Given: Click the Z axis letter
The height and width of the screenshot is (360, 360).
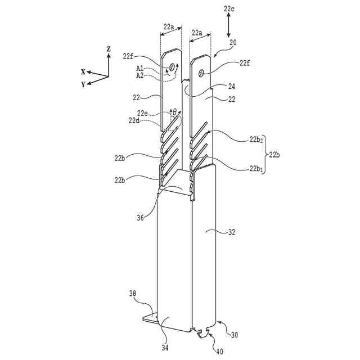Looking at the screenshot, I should coord(108,49).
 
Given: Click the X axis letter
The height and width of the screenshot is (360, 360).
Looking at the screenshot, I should coord(83,71).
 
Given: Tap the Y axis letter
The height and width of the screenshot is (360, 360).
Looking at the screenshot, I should coord(83,84).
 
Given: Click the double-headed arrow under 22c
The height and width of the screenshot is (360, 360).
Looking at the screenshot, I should coord(228,25).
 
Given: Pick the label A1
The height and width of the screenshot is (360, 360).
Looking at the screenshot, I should coord(140,69).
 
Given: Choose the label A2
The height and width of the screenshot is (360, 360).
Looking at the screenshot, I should coord(140,75).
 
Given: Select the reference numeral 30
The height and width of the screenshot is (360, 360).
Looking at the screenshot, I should coord(234,335).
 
